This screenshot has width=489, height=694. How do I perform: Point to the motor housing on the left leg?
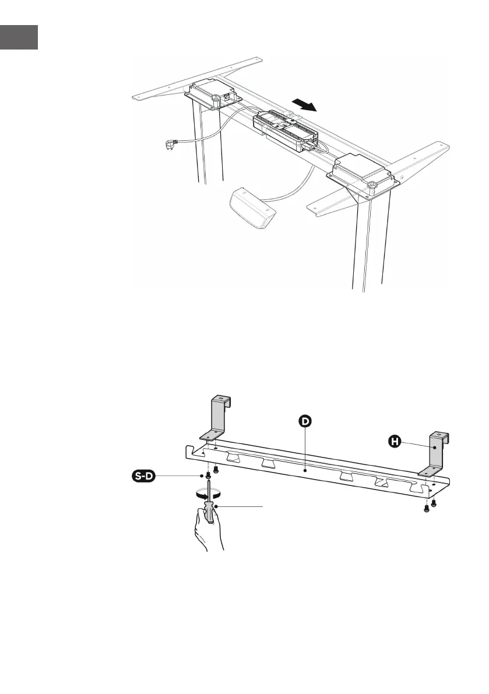(211, 93)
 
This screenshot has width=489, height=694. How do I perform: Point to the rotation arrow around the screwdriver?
(208, 492)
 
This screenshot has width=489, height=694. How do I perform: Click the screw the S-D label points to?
(208, 476)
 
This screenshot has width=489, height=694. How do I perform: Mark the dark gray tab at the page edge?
(19, 37)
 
